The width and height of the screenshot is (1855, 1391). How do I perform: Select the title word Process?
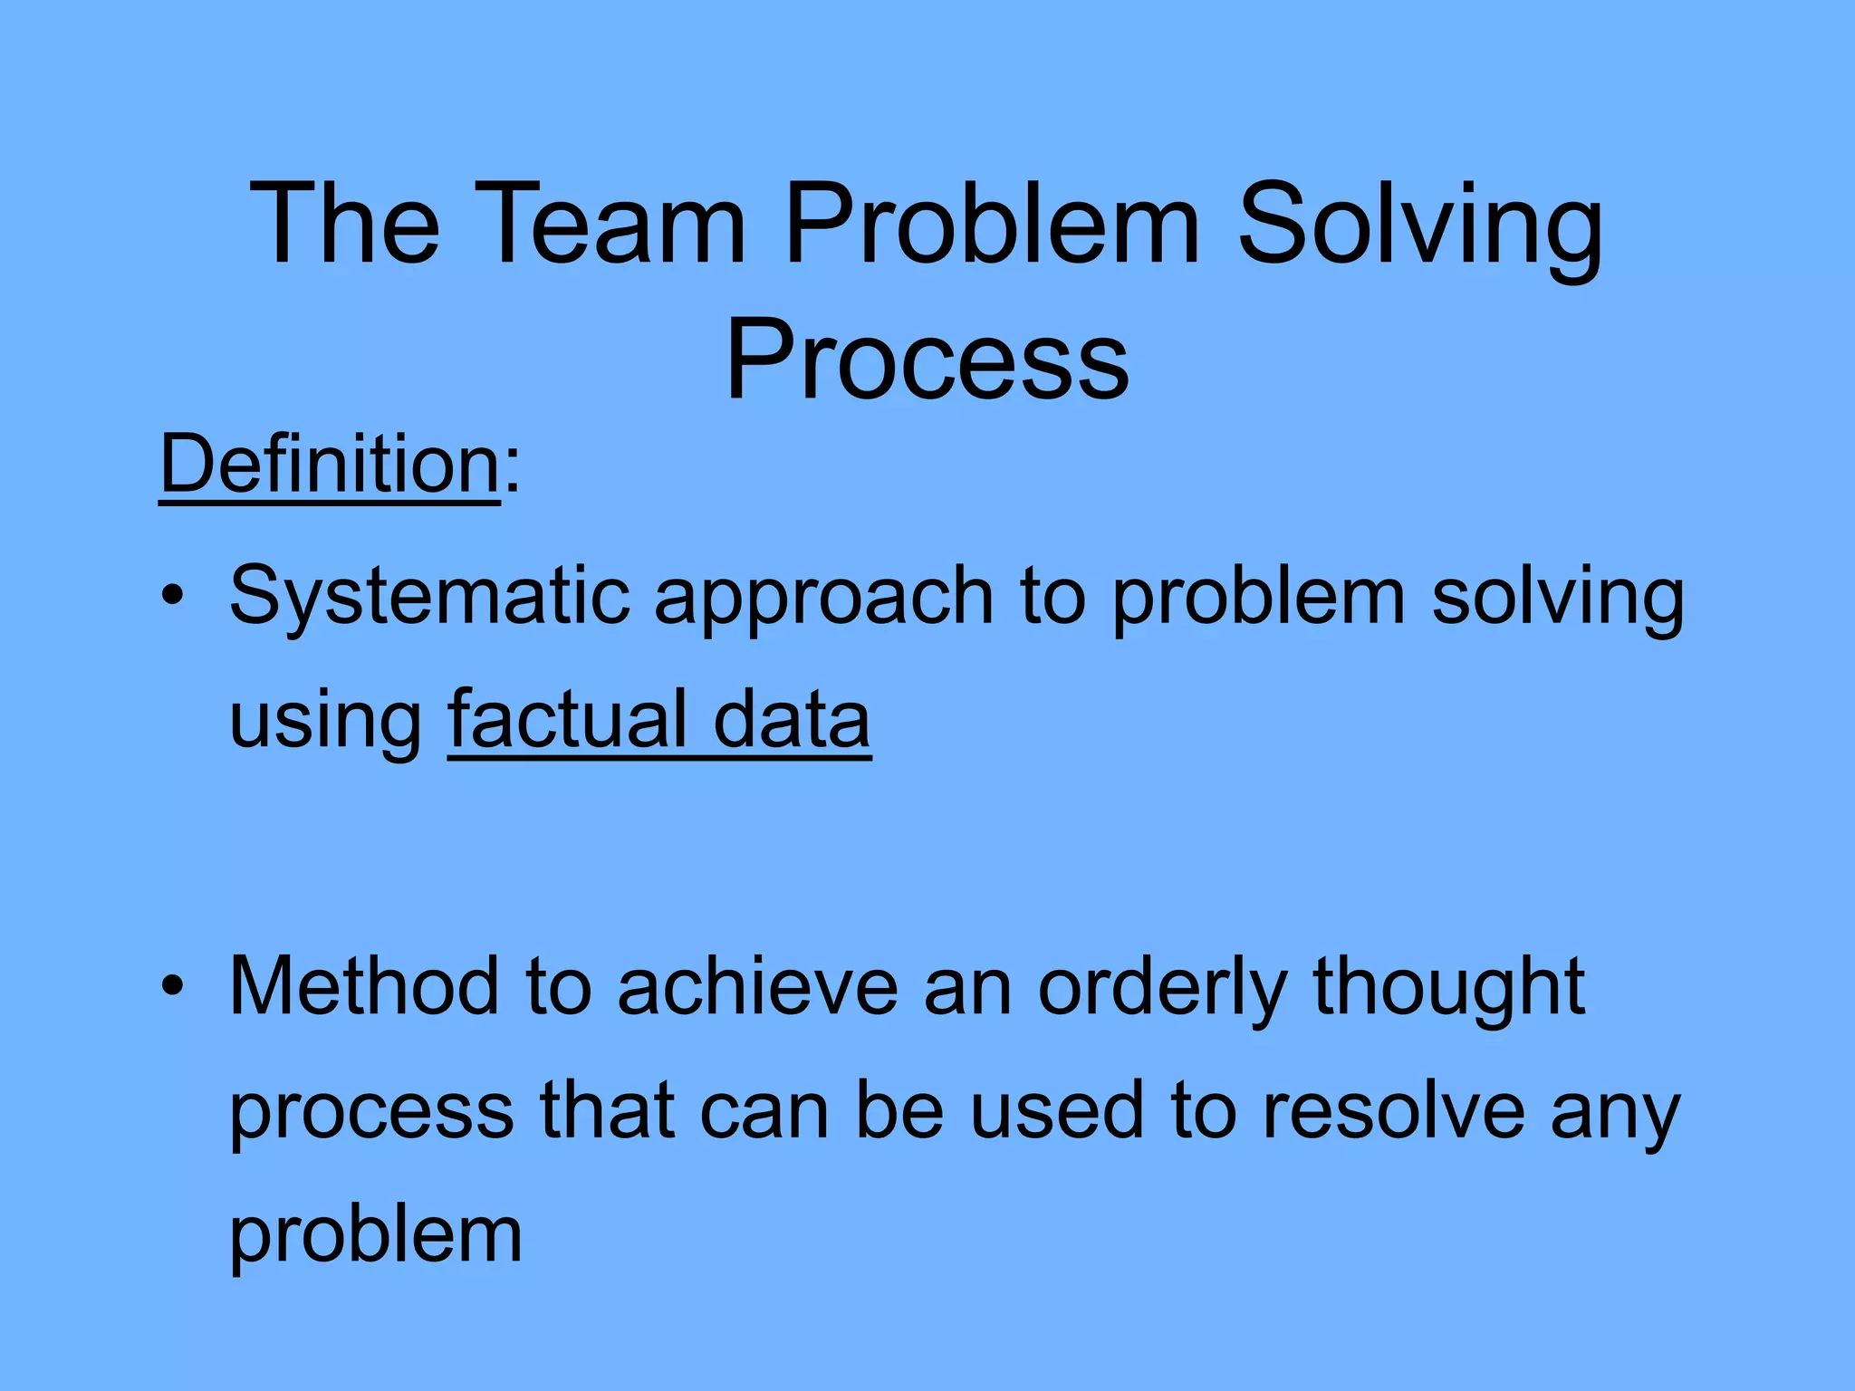(927, 360)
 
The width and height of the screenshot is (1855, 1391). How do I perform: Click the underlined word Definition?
(330, 464)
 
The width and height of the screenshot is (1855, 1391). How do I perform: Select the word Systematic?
(429, 598)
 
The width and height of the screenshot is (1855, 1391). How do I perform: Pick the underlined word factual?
(567, 719)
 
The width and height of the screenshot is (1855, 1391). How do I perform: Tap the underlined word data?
(792, 719)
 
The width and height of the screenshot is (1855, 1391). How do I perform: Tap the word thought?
(1449, 989)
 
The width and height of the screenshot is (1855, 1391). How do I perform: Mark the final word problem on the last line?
(376, 1237)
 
